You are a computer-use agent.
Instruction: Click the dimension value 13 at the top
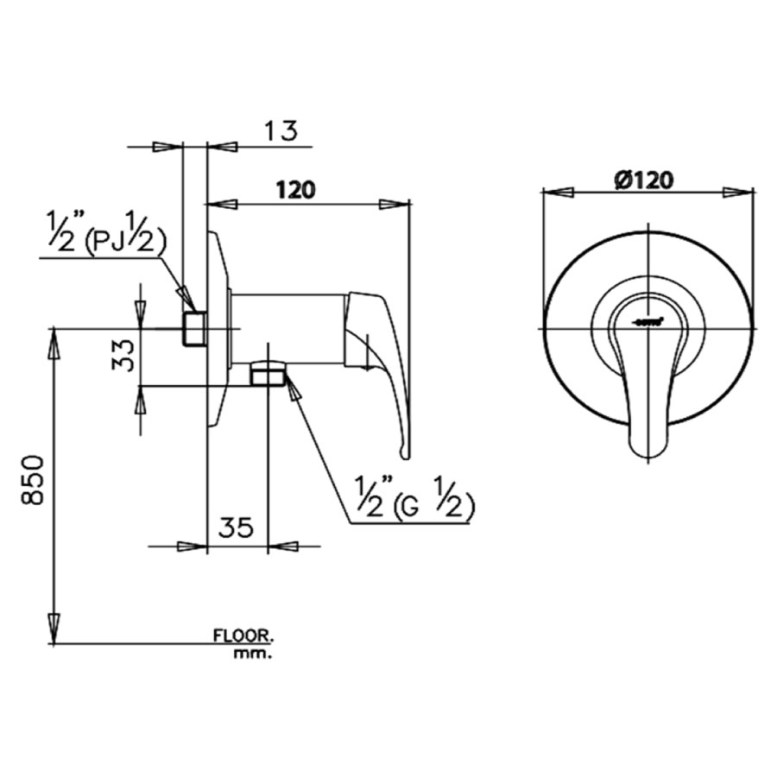point(281,130)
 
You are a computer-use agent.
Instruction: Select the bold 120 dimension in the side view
point(294,188)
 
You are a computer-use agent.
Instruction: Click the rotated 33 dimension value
point(125,355)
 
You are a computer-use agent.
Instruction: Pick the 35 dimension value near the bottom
point(235,527)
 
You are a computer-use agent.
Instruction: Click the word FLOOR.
point(243,636)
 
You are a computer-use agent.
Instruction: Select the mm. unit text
point(252,654)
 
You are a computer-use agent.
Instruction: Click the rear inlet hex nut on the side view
point(195,328)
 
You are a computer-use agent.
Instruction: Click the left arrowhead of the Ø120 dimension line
point(557,192)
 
